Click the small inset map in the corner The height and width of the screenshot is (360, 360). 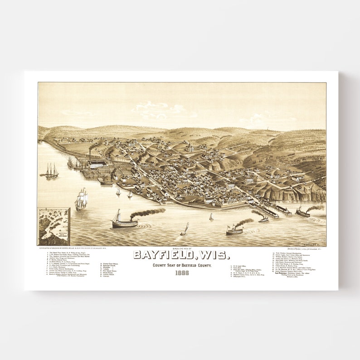[54, 226]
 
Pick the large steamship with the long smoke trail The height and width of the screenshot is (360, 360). [125, 221]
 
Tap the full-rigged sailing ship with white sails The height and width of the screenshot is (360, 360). [81, 199]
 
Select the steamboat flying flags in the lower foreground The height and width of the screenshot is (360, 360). [234, 229]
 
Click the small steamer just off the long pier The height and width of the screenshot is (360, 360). [263, 218]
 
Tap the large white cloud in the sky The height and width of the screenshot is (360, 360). [159, 109]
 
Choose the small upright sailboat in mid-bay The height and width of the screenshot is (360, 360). [211, 217]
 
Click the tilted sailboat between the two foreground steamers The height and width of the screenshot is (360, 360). [184, 229]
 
